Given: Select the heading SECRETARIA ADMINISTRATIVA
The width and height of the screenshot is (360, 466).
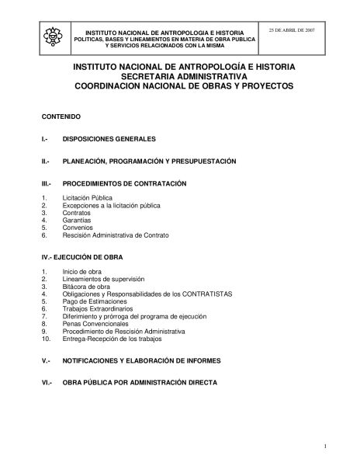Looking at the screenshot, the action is pos(183,78).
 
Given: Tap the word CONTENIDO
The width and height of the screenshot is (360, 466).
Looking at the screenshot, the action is pos(61,116).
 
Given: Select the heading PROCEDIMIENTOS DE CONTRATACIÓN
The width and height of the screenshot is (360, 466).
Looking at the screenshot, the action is pos(126,184).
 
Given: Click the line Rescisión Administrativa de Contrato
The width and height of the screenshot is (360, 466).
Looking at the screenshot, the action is pos(116,235).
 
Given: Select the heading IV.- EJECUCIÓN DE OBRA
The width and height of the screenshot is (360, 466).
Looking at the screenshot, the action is pos(84,256).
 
